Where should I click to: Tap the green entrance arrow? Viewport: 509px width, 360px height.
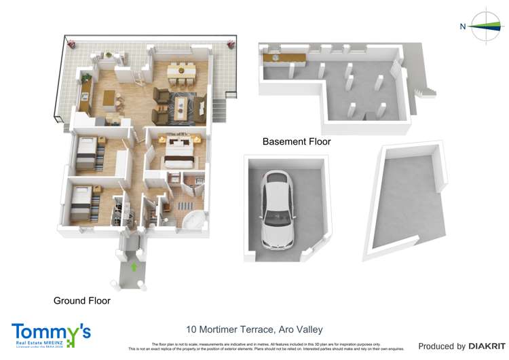134,267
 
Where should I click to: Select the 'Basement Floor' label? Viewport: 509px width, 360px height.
297,142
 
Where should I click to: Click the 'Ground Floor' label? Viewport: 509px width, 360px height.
81,300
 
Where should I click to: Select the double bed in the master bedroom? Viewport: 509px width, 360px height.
178,152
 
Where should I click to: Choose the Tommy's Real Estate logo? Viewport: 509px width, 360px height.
50,335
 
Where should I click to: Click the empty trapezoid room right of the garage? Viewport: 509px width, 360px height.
405,200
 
